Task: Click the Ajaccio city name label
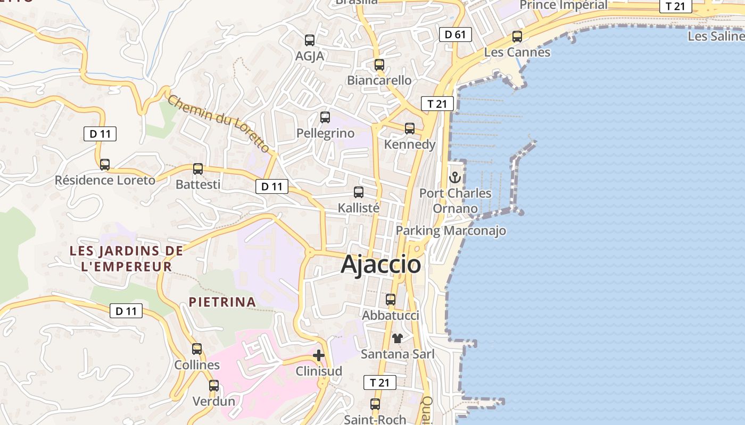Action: click(380, 264)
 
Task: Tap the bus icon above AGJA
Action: click(310, 40)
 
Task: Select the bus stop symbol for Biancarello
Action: click(379, 65)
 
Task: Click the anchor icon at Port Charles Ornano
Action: click(454, 177)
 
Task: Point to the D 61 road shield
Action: click(455, 35)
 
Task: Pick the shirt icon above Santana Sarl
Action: click(398, 338)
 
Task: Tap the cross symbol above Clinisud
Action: click(319, 355)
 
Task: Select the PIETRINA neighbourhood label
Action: click(222, 302)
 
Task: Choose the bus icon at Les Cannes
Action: click(517, 37)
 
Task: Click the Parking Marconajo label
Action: click(451, 231)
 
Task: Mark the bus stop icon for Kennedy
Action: click(409, 129)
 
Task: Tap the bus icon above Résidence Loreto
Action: click(105, 165)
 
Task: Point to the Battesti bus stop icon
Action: click(198, 169)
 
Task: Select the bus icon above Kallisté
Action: click(359, 192)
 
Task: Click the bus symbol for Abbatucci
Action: click(391, 300)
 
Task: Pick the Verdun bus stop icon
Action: click(213, 386)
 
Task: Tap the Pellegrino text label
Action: click(325, 133)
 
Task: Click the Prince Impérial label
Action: click(563, 5)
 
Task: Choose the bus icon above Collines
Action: click(197, 349)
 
